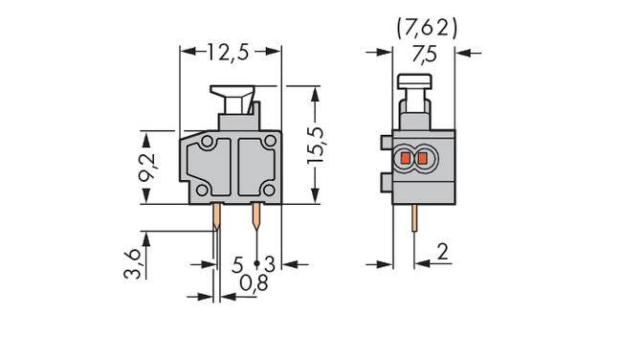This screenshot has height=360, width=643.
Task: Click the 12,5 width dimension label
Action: click(229, 53)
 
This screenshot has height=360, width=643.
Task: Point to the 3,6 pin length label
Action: click(136, 259)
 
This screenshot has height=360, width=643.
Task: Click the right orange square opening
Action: click(422, 157)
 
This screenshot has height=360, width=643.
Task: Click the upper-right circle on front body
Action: click(269, 143)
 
